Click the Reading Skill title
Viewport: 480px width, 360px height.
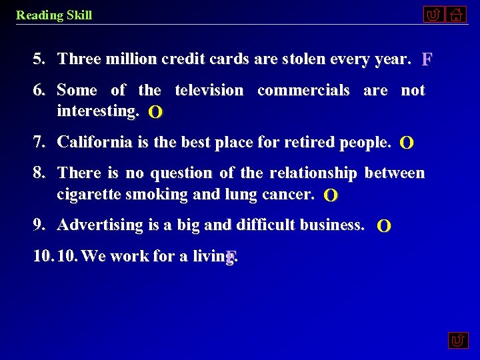coord(54,15)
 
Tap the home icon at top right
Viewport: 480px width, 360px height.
coord(456,14)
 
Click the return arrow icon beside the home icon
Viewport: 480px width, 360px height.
coord(433,14)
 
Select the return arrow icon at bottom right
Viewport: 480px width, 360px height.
coord(457,341)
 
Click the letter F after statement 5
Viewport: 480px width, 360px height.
coord(427,60)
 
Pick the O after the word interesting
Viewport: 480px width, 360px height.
coord(155,112)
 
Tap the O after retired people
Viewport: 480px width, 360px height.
coord(406,143)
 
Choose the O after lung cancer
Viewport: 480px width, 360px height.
coord(330,195)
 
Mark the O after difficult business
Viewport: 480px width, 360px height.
coord(384,226)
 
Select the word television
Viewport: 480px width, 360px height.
coord(209,90)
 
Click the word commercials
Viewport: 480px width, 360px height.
coord(303,90)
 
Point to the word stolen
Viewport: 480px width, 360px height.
coord(308,59)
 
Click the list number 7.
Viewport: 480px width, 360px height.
coord(39,142)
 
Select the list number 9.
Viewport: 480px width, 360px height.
coord(39,225)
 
